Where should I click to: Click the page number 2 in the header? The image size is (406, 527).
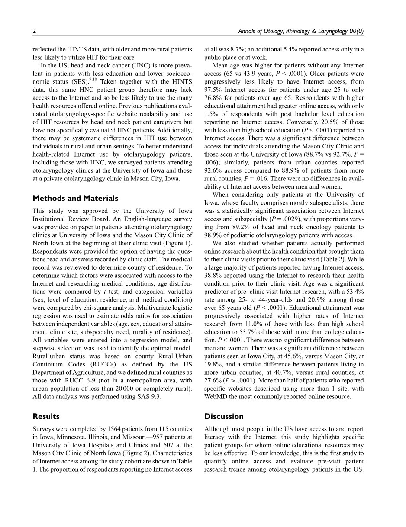pyautogui.click(x=34, y=31)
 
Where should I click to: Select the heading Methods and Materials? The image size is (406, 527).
pyautogui.click(x=75, y=198)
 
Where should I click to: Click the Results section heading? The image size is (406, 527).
pyautogui.click(x=46, y=416)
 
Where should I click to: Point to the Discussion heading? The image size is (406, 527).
pyautogui.click(x=224, y=416)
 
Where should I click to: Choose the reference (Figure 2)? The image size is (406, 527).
pyautogui.click(x=140, y=453)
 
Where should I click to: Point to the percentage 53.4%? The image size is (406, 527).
pyautogui.click(x=354, y=292)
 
